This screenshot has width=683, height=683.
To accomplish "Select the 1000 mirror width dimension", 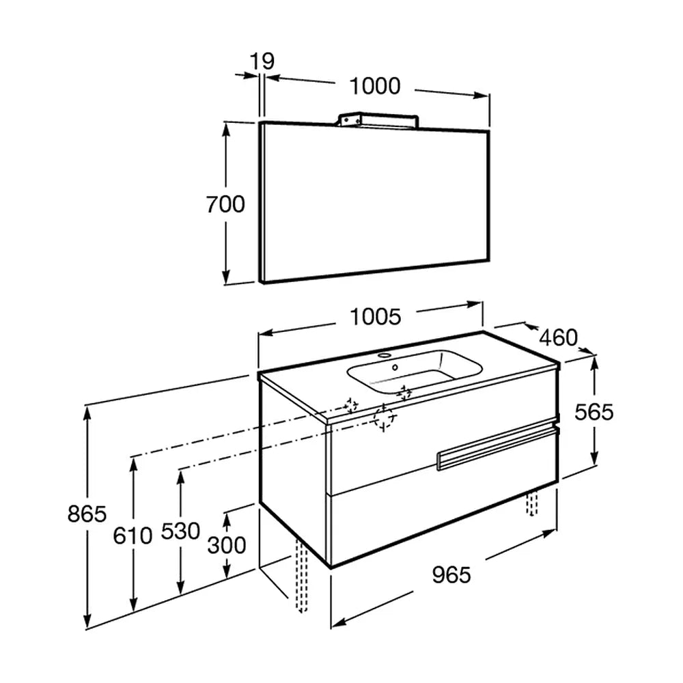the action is pos(375,86).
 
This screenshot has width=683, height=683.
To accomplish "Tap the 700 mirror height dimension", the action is pos(225,204).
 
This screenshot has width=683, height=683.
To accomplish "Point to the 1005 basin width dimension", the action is pos(375,317).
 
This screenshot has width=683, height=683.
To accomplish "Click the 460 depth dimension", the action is pos(559,337).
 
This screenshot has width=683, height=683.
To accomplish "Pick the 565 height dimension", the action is pos(594,412).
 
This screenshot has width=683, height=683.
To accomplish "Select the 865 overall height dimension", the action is pos(87,514).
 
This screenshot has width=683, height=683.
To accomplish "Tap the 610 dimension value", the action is pos(133,535).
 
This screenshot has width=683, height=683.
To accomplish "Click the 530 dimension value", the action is pos(180,531).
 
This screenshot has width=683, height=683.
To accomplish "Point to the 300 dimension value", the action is pos(227,545).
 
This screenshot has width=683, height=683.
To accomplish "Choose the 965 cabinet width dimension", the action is pos(451,575).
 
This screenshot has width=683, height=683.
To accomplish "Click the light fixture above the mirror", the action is pos(378,121).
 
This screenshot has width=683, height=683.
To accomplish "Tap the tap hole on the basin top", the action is pos(384,355).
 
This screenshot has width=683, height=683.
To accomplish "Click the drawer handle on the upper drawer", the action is pos(497,449).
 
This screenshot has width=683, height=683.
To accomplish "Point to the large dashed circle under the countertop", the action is pos(385,417).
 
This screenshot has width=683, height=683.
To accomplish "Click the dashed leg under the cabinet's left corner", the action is pos(301,575).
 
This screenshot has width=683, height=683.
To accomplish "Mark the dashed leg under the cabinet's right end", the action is pos(531,503).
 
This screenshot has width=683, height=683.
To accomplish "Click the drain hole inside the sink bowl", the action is pos(395,367).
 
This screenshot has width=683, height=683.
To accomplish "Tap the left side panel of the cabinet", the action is pos(293,470).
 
